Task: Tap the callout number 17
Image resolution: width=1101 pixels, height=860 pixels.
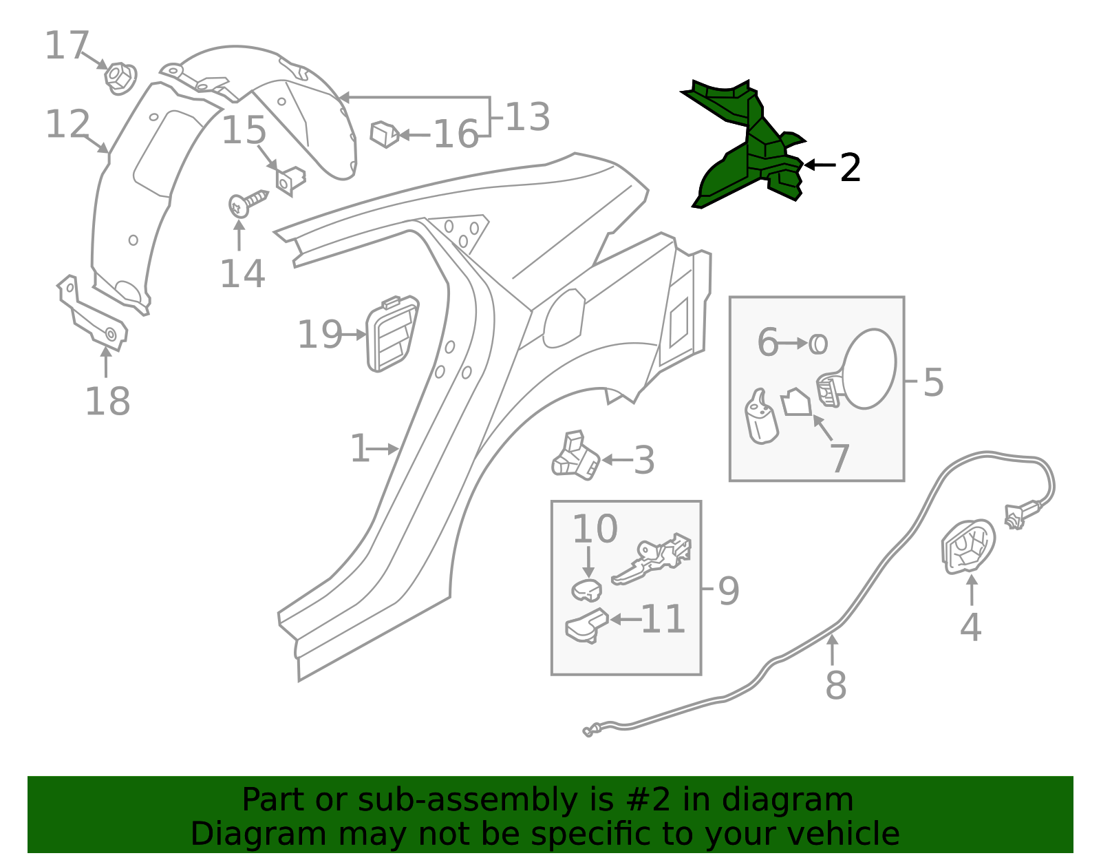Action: click(x=67, y=45)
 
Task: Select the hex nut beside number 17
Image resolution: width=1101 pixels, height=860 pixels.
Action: click(x=120, y=78)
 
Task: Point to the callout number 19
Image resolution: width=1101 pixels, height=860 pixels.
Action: click(x=320, y=335)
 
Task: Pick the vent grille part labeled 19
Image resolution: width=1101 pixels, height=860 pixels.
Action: click(x=392, y=334)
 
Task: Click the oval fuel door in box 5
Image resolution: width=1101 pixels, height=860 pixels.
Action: click(x=868, y=368)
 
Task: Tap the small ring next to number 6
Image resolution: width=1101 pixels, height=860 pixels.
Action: click(x=817, y=344)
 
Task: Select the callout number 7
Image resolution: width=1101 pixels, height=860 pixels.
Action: click(x=840, y=459)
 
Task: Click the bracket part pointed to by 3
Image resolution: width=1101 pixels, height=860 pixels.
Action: click(x=575, y=456)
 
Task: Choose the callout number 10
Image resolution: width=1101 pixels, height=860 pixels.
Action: click(x=595, y=529)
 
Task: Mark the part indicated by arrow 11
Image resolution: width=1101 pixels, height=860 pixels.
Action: click(x=587, y=626)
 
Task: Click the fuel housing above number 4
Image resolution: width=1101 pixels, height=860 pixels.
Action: click(x=968, y=547)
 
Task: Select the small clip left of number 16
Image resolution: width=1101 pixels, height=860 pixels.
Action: click(x=385, y=134)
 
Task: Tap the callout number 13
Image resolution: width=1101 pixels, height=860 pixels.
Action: click(x=527, y=117)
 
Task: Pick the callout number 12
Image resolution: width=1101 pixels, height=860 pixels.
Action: click(x=67, y=124)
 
